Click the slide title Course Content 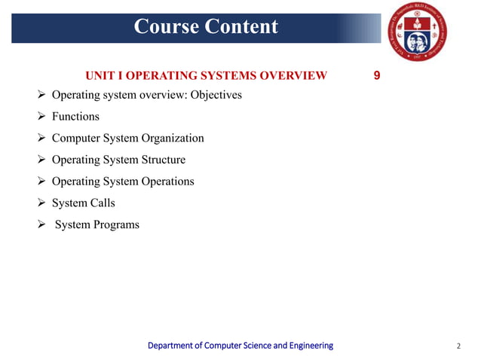[206, 27]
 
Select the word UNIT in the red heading [100, 75]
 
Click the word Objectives [216, 96]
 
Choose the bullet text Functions [75, 117]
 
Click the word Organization [169, 139]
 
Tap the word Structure [162, 160]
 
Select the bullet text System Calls [84, 203]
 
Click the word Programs [115, 225]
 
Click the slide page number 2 [458, 346]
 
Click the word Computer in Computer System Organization [75, 139]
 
